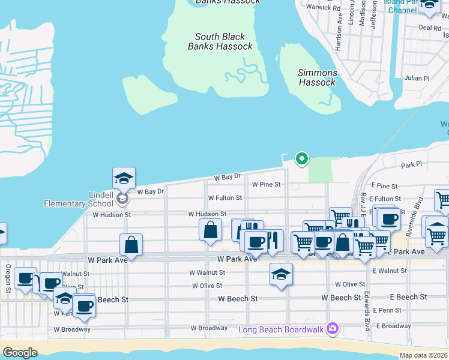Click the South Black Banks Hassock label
pyautogui.click(x=220, y=41)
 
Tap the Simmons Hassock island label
pyautogui.click(x=318, y=77)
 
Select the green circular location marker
pyautogui.click(x=303, y=159)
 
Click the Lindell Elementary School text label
pyautogui.click(x=79, y=200)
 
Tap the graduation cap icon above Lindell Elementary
pyautogui.click(x=124, y=178)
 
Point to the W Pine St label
pyautogui.click(x=266, y=185)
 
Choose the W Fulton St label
pyautogui.click(x=224, y=198)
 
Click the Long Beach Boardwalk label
pyautogui.click(x=281, y=329)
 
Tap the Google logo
pyautogui.click(x=20, y=353)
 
